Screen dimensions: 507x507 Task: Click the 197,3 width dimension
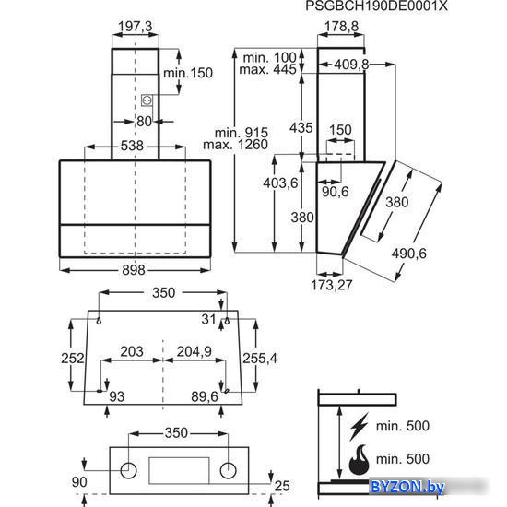136,27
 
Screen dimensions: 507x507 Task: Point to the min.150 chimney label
188,73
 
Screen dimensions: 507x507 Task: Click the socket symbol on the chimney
147,100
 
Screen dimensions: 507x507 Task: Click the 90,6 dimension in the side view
336,192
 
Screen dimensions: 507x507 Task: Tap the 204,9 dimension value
194,351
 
